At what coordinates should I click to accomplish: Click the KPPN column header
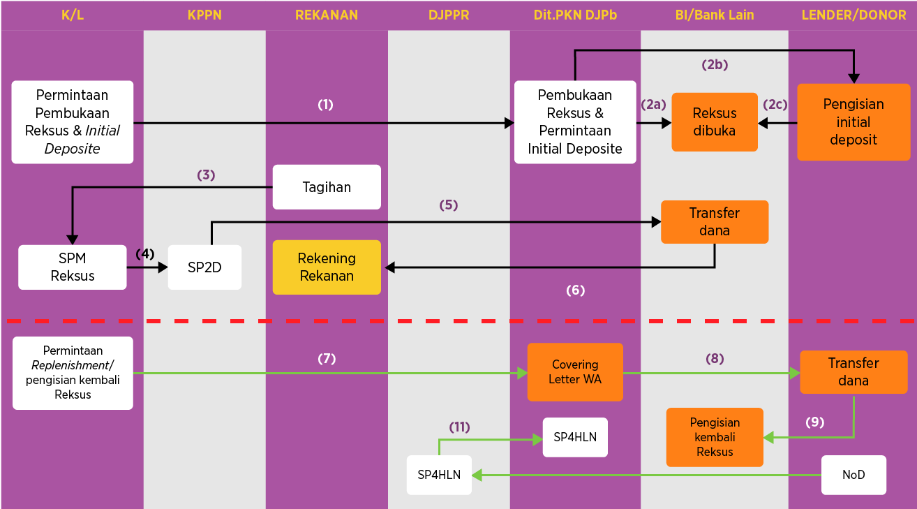click(204, 15)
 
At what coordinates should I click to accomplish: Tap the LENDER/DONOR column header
click(853, 15)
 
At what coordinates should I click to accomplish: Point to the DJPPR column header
click(449, 15)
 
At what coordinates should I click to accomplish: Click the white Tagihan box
click(327, 187)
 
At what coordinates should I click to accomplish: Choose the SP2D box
click(204, 267)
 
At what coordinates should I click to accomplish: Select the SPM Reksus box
click(73, 267)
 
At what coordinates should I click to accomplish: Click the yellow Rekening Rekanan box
click(327, 267)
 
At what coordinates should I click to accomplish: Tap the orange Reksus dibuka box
click(715, 122)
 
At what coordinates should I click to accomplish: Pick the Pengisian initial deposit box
click(853, 122)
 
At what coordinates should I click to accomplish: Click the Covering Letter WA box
click(575, 372)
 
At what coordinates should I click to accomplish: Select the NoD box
click(853, 475)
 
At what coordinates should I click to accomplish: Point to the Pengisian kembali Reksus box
click(715, 437)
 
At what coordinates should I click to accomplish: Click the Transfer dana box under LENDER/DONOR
click(853, 372)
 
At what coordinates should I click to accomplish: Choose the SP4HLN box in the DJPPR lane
click(439, 475)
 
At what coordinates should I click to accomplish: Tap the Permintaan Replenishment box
click(73, 373)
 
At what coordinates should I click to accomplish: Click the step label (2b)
click(715, 64)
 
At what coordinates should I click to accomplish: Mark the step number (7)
click(327, 359)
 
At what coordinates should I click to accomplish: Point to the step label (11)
click(459, 427)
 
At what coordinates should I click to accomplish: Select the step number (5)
click(448, 205)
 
